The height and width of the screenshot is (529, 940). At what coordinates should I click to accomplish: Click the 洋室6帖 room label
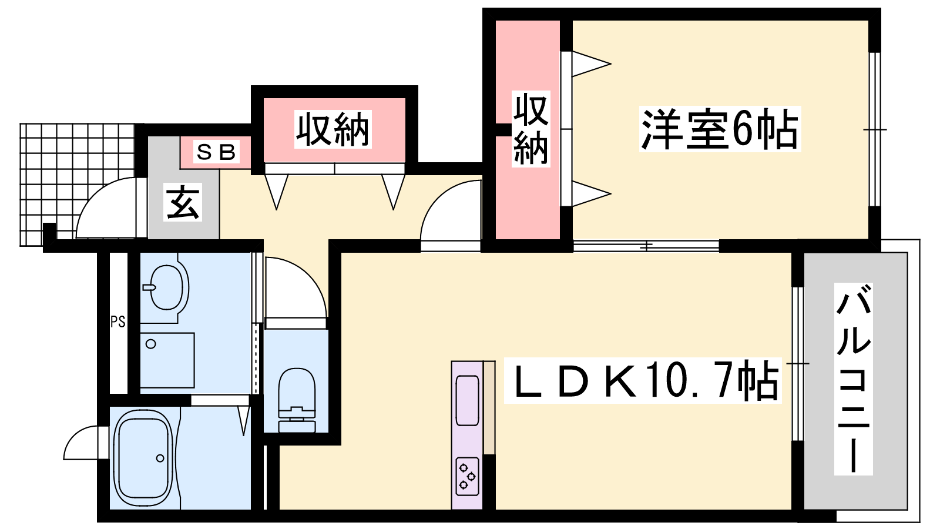[720, 129]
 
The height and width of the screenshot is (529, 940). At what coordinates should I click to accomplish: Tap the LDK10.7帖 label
[643, 380]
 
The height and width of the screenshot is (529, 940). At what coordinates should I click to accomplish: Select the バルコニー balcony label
[853, 379]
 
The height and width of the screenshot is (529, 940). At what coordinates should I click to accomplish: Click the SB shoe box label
[216, 152]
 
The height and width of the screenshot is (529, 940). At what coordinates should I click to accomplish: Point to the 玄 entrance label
[183, 202]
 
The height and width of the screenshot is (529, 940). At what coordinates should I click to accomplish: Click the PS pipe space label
[118, 322]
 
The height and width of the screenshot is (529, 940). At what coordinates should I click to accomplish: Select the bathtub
[145, 458]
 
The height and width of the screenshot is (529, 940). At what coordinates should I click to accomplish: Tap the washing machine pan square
[167, 360]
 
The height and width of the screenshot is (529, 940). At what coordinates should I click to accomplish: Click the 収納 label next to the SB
[333, 129]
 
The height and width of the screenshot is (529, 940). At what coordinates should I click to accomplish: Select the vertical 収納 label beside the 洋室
[531, 129]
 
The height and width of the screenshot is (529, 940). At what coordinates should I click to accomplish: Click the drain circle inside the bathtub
[160, 458]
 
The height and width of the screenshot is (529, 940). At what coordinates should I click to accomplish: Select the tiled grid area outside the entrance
[78, 185]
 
